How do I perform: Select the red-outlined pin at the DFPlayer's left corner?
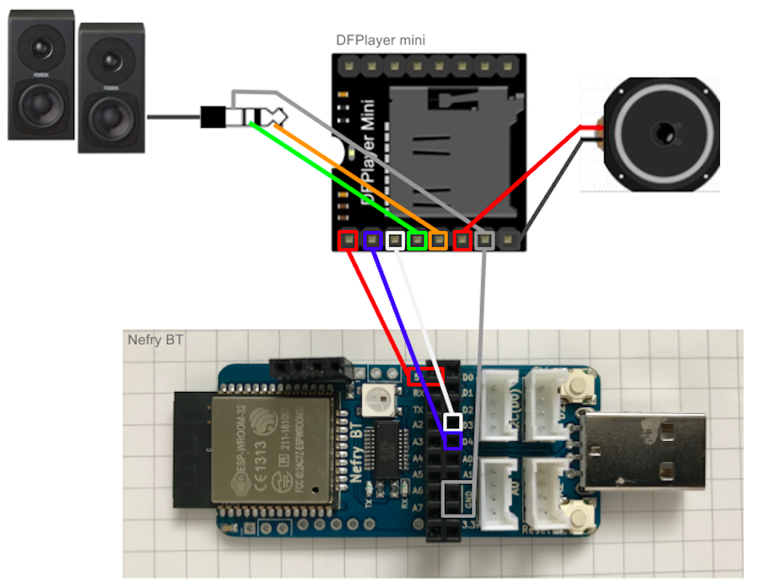point(347,240)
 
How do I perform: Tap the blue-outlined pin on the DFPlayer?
point(371,240)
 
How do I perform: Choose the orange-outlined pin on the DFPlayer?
point(438,241)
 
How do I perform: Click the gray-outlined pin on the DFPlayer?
point(484,241)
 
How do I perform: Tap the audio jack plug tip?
point(268,117)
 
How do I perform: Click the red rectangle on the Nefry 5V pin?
point(425,375)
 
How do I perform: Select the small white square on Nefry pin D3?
point(453,421)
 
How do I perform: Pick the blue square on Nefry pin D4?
point(453,440)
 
